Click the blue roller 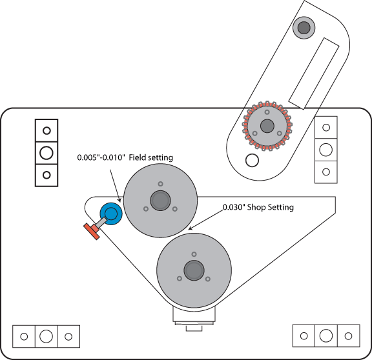pos(111,214)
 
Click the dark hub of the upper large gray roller pos(160,201)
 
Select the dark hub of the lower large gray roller pos(194,270)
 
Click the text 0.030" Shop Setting pos(258,207)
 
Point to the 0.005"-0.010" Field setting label pos(125,157)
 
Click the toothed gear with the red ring pos(267,126)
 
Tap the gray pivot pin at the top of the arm pos(304,28)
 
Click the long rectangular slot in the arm pos(314,74)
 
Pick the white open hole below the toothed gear pos(252,160)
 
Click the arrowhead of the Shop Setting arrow pos(190,228)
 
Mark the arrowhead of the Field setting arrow pos(120,201)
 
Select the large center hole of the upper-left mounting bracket pos(46,153)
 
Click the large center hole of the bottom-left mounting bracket pos(46,336)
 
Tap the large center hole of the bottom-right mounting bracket pos(326,335)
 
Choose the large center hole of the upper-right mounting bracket pos(326,150)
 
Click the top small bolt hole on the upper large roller pos(160,184)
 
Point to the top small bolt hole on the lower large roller pos(194,254)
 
